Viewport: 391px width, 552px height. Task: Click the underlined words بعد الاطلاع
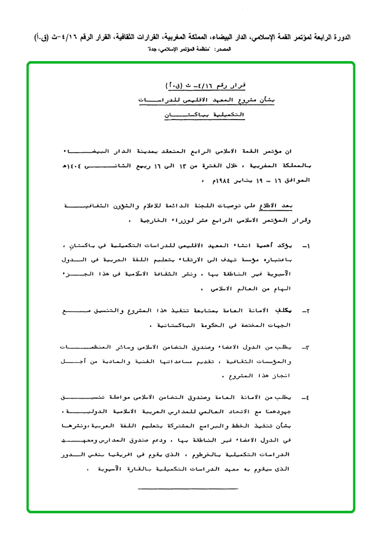279,206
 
